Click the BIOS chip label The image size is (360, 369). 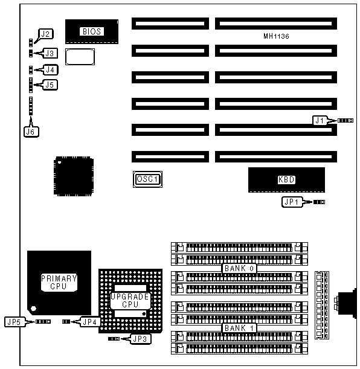coord(92,31)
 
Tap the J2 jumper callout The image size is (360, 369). coord(46,34)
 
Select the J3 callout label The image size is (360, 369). coord(50,53)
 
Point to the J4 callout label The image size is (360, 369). coord(50,69)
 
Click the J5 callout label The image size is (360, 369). coord(50,85)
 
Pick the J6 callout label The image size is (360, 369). coord(31,132)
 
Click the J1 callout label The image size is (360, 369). coord(320,121)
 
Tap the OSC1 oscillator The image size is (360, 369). coord(147,179)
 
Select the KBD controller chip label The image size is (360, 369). coord(286,180)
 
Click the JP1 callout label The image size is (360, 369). coord(292,202)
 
